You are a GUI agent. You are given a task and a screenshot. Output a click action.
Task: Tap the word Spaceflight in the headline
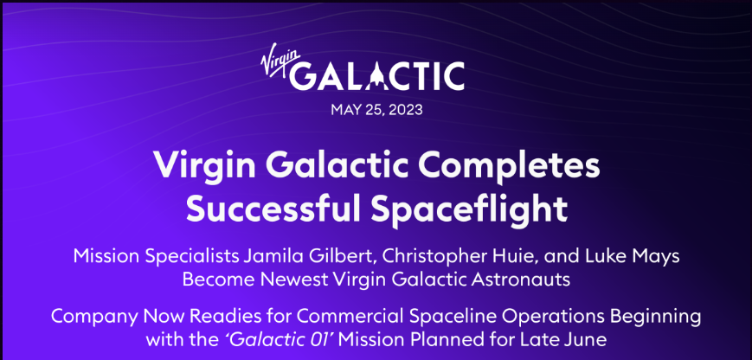pyautogui.click(x=470, y=209)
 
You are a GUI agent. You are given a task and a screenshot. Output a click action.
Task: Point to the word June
pyautogui.click(x=587, y=340)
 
